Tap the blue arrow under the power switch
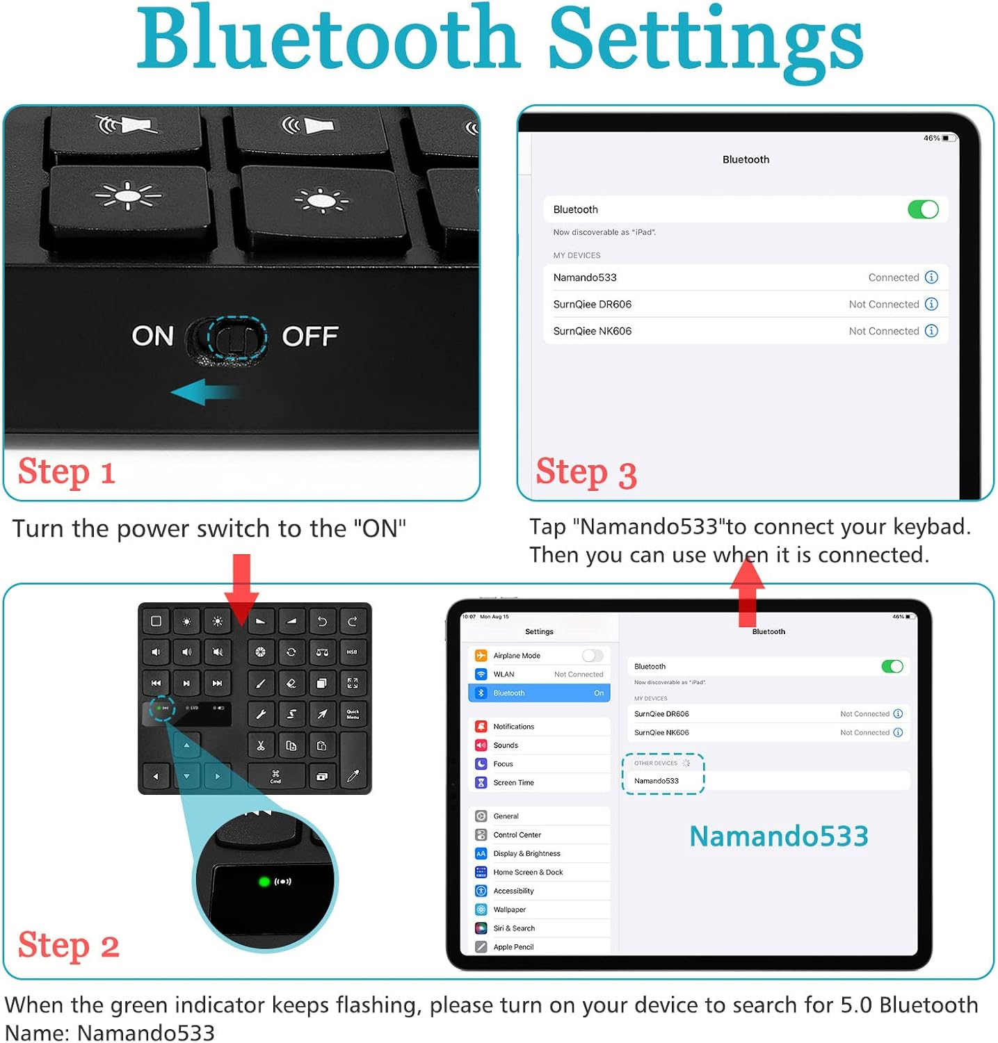point(204,392)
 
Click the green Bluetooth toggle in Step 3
point(923,209)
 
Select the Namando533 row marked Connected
point(745,277)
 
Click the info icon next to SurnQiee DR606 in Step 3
point(931,304)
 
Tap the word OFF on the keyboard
point(309,337)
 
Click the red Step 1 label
point(66,473)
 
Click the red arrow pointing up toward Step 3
point(747,591)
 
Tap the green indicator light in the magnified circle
point(264,882)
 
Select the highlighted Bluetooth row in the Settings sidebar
point(540,693)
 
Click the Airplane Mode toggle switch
point(593,656)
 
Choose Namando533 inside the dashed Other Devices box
point(657,781)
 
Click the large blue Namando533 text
point(778,836)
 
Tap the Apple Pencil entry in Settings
point(513,947)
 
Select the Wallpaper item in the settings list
point(509,909)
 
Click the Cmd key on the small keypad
point(276,777)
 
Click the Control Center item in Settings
point(517,834)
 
